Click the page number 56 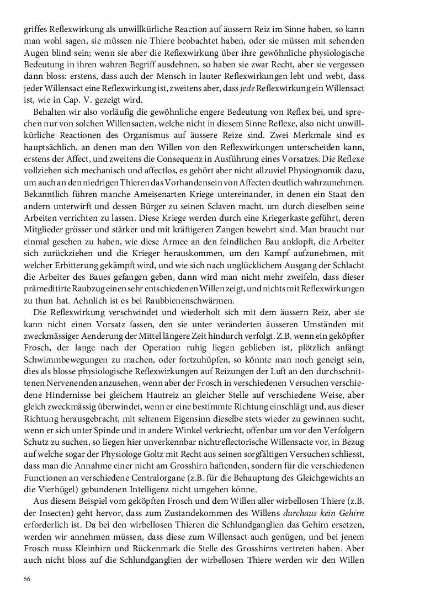(x=27, y=579)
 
